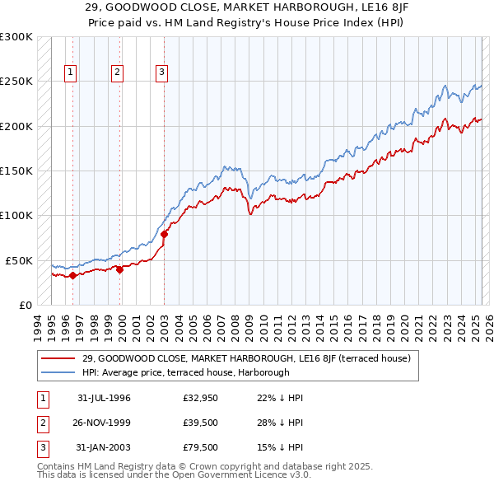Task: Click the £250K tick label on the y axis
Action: point(16,82)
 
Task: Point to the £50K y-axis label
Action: point(19,260)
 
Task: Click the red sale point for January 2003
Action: point(164,234)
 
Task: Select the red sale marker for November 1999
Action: point(119,269)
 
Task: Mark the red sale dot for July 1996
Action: point(72,275)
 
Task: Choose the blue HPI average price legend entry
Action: point(185,372)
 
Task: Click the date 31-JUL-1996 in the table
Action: point(104,398)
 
